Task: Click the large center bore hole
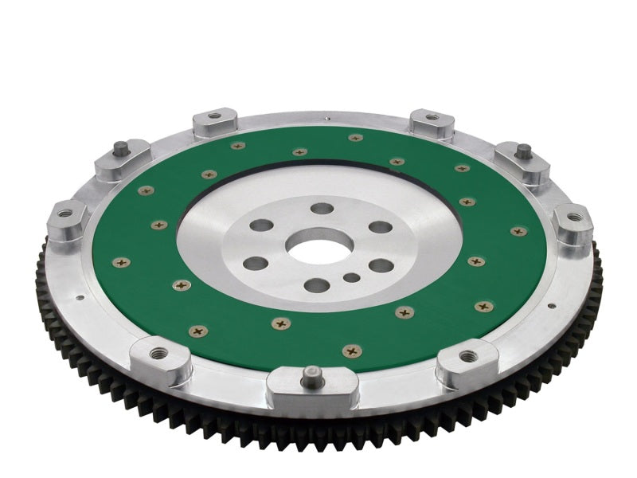(x=318, y=243)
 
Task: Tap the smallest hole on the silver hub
(x=352, y=279)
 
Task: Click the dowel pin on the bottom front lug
(x=313, y=372)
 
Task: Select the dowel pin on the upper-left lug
(x=119, y=147)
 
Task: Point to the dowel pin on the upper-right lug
(x=524, y=149)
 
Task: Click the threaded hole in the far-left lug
(x=66, y=214)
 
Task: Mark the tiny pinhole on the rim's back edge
(x=327, y=119)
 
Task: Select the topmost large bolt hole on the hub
(x=322, y=208)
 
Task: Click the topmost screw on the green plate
(x=356, y=138)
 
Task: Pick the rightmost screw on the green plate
(x=518, y=232)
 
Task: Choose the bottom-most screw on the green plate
(x=349, y=350)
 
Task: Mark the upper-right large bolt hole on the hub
(x=381, y=227)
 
